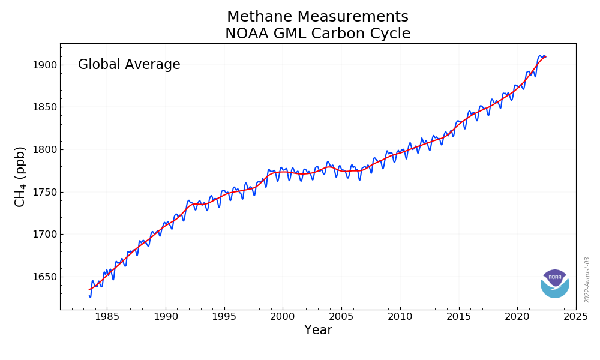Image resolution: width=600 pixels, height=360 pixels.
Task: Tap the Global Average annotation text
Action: point(129,65)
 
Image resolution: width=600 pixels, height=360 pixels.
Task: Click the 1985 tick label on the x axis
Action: point(107,316)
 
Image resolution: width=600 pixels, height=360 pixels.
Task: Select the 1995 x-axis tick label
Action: point(224,316)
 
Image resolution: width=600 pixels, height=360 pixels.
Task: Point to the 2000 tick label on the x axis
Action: point(283,316)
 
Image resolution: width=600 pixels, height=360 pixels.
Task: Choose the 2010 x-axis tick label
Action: point(400,316)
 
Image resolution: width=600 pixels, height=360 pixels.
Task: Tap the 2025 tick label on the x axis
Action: point(575,316)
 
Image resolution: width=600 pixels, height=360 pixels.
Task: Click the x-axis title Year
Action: point(318,331)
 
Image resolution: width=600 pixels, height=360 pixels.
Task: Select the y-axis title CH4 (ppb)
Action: point(20,176)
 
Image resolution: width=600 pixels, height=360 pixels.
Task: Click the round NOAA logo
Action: point(554,284)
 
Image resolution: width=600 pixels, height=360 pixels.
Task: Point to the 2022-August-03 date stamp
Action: point(587,280)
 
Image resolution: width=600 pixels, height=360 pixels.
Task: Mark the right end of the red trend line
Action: point(545,57)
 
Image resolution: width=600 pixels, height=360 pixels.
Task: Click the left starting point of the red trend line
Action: point(89,290)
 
